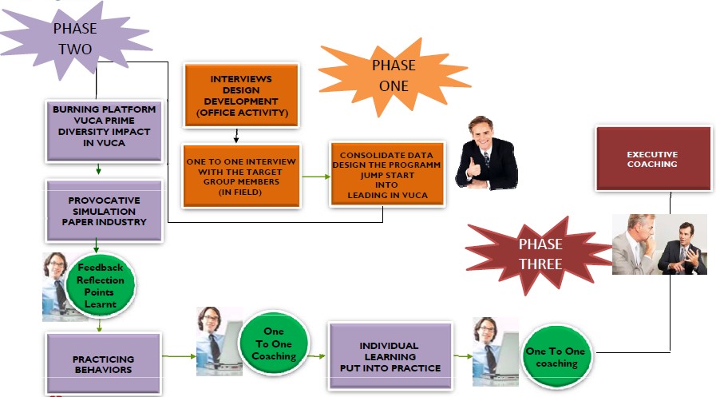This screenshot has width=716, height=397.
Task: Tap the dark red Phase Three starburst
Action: pos(540,253)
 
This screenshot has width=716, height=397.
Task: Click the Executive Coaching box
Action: pos(652,159)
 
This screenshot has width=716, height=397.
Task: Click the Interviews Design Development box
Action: pos(240,95)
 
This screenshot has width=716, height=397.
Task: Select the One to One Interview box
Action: pos(240,175)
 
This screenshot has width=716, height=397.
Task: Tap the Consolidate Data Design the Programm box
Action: pos(382,175)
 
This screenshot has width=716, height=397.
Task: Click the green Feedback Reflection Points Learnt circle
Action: pos(101,284)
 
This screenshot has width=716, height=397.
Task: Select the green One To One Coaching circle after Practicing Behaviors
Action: pos(274,344)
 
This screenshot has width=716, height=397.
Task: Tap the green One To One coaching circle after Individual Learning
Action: pos(556,357)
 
